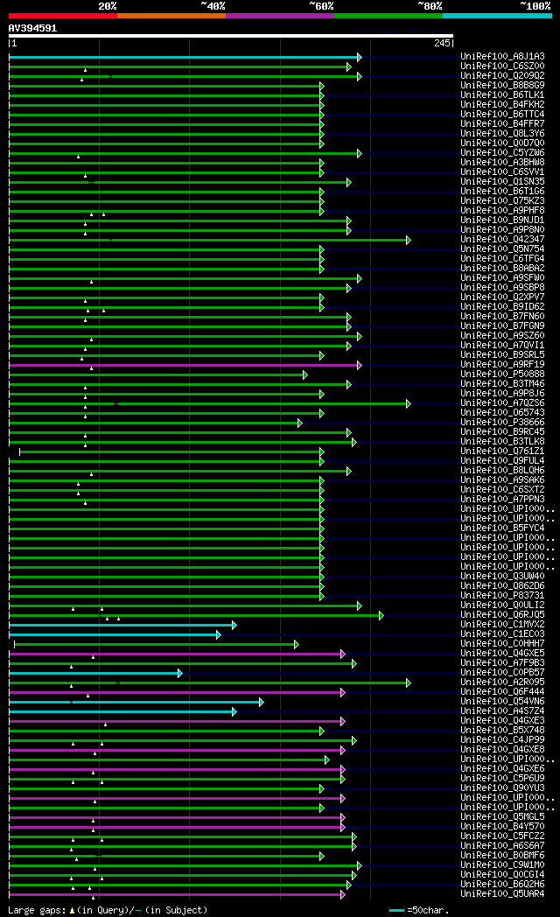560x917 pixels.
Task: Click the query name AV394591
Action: [32, 28]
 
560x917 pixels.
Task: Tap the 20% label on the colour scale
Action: [108, 5]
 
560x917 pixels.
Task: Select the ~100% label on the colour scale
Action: [535, 5]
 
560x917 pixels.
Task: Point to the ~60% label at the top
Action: [321, 5]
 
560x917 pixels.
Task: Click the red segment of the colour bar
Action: [62, 15]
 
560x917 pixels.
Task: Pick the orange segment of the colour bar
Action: [171, 15]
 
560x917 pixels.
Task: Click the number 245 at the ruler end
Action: [441, 43]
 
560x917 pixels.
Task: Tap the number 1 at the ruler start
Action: [13, 43]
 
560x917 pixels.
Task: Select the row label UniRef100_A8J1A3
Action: [502, 57]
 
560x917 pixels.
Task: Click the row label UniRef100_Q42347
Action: [502, 240]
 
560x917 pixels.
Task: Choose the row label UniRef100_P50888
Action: [502, 374]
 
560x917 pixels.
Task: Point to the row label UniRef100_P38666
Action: [502, 423]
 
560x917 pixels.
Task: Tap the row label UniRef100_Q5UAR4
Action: [502, 894]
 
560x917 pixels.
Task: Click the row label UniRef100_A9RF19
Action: [502, 365]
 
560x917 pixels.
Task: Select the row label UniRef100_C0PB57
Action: [502, 673]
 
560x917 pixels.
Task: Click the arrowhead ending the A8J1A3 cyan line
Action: [359, 57]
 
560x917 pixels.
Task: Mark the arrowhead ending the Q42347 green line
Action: [408, 240]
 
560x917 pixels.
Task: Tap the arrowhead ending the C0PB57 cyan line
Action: [180, 673]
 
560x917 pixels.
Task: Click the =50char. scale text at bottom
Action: [433, 911]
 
